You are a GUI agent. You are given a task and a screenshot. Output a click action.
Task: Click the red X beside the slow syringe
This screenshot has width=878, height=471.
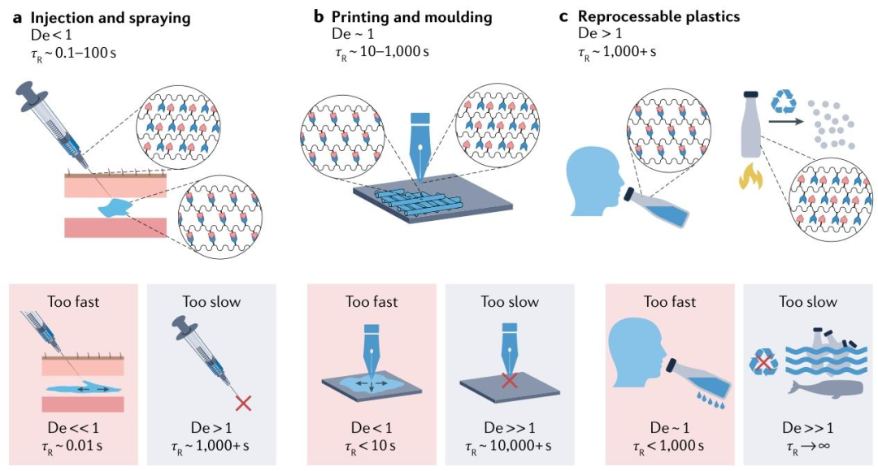click(x=241, y=402)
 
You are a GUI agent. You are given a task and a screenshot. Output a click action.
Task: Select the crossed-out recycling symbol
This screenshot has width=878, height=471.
click(x=763, y=363)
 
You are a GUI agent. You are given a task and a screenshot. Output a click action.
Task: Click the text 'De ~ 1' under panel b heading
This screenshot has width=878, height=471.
click(x=350, y=36)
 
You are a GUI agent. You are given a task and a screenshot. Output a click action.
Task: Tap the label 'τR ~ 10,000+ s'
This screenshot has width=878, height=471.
click(x=509, y=446)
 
